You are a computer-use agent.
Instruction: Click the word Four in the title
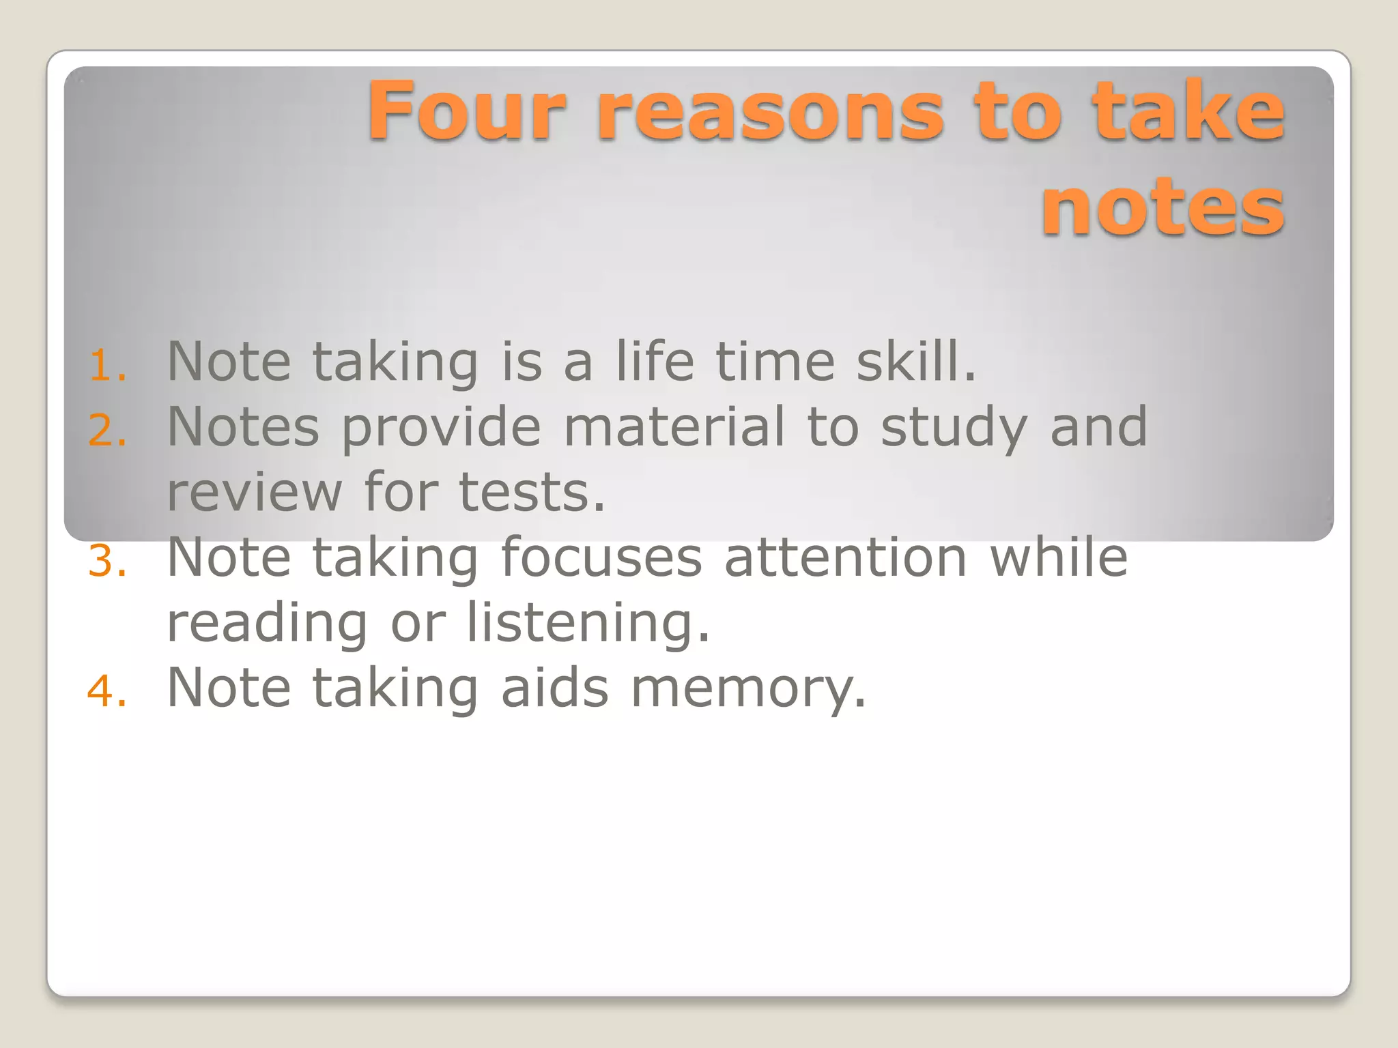click(467, 111)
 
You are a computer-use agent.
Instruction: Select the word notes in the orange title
click(1162, 207)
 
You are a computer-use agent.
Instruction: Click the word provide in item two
click(441, 427)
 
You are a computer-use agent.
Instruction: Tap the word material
click(674, 426)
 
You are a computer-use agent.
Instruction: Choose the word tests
click(531, 491)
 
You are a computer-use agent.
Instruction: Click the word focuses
click(601, 557)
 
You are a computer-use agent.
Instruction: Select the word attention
click(846, 557)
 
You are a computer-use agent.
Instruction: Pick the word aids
click(554, 686)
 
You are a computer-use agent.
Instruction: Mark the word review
click(254, 491)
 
